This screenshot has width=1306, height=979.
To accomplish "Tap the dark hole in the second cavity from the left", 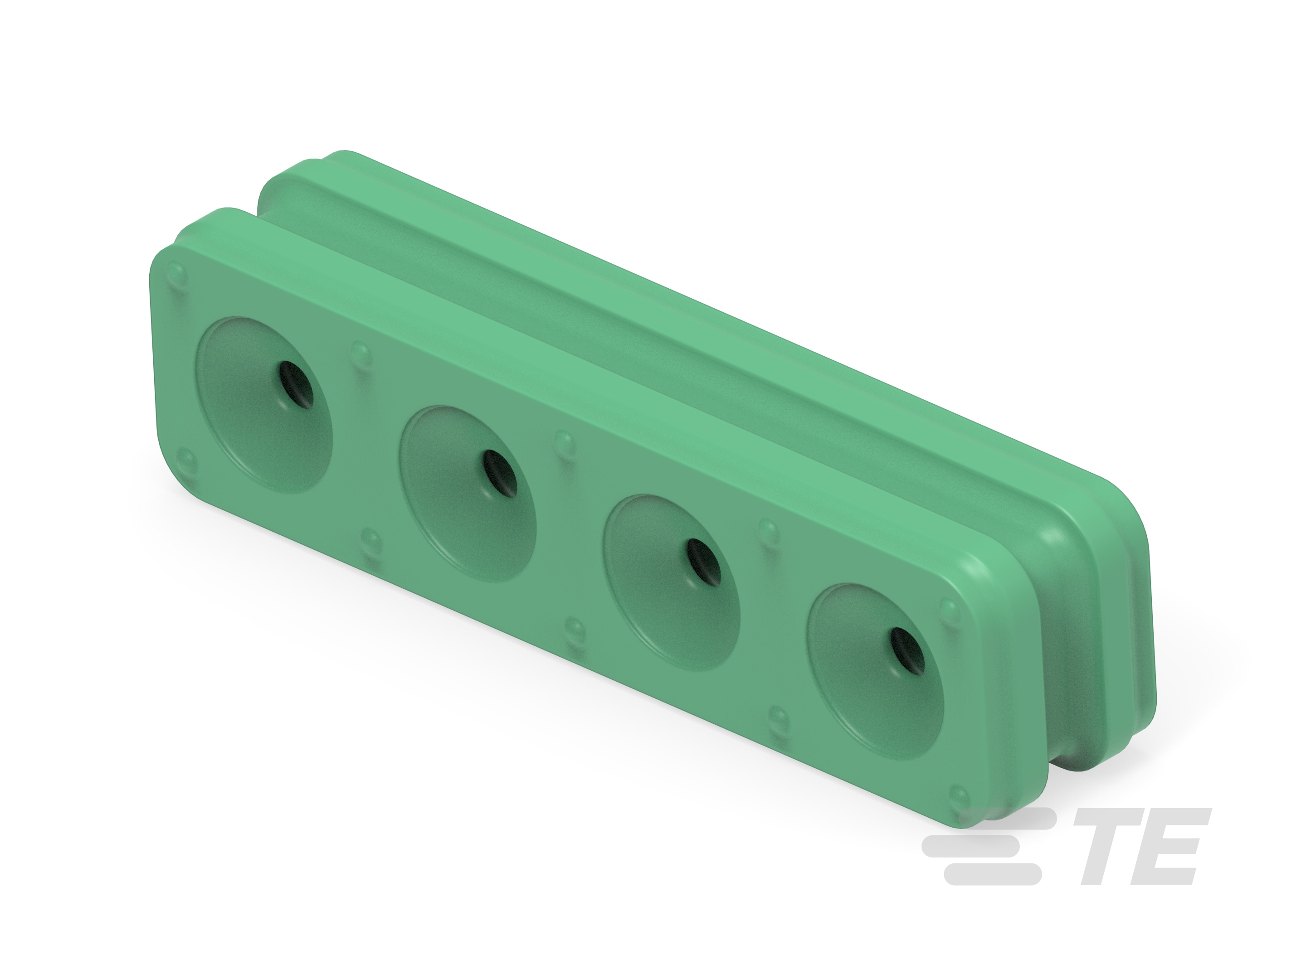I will [499, 473].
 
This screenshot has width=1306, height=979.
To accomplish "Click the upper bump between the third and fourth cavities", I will [769, 530].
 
